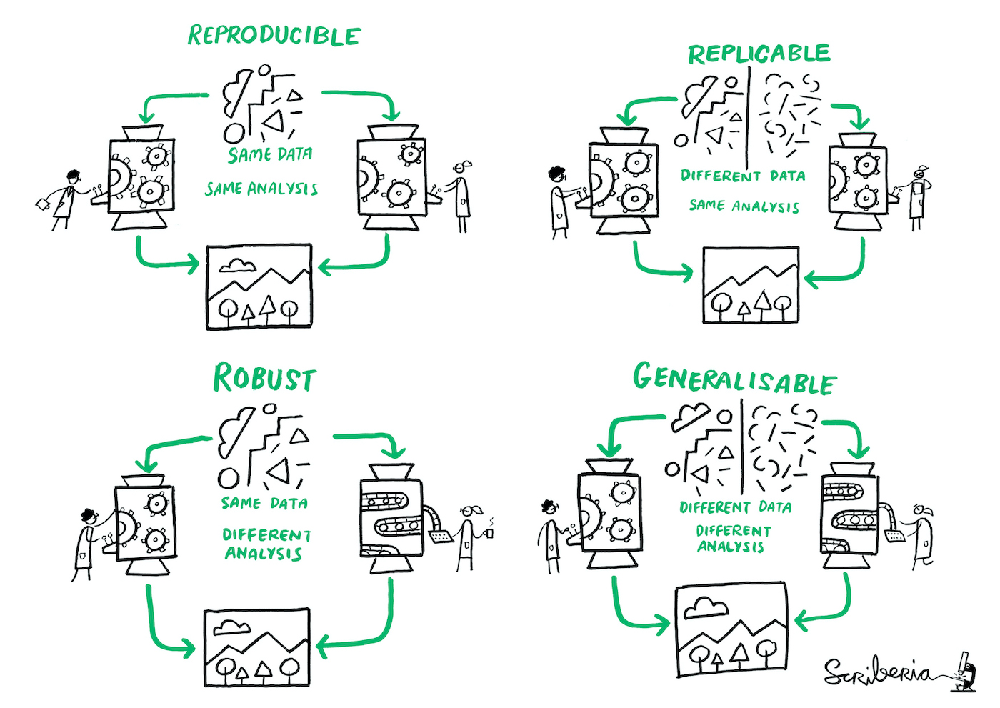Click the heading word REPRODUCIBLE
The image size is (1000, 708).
[274, 36]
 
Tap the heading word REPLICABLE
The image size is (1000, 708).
[759, 54]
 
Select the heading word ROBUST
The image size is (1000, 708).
[264, 379]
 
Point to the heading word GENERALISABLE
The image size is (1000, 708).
[734, 380]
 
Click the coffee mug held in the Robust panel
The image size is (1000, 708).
[489, 533]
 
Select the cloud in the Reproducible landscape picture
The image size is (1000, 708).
[238, 266]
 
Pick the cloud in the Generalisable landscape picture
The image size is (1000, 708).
[706, 608]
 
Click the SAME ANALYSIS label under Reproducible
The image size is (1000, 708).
[261, 189]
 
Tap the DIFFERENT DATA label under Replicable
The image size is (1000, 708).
[743, 176]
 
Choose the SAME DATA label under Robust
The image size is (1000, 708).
[264, 504]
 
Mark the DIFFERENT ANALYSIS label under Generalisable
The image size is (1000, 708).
[733, 539]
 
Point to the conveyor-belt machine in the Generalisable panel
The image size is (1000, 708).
[850, 514]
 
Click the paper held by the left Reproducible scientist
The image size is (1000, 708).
[44, 204]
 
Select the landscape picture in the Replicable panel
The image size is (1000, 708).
[751, 285]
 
